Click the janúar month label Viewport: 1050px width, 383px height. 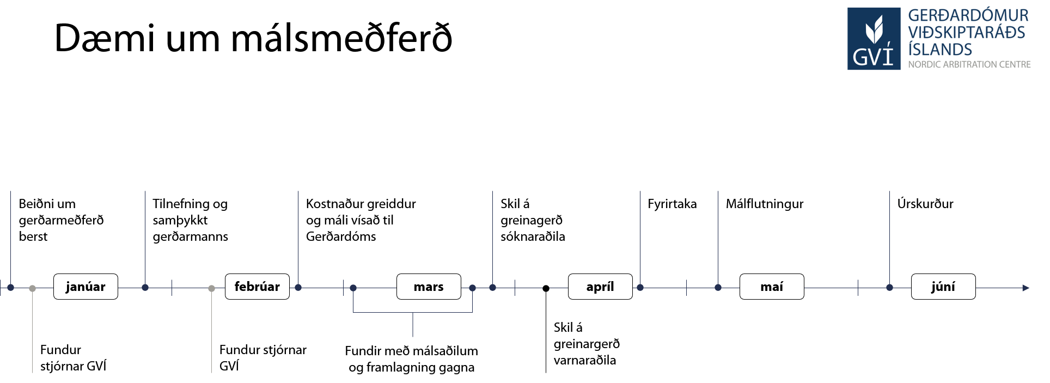(x=86, y=287)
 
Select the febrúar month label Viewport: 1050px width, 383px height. (x=257, y=287)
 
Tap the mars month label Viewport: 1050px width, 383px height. (x=429, y=287)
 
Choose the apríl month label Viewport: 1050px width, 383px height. (x=600, y=287)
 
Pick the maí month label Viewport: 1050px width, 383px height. (x=772, y=287)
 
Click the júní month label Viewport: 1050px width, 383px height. (x=943, y=287)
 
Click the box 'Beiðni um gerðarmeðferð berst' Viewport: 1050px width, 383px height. (x=64, y=220)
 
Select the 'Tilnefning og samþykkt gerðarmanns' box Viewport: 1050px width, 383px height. (x=198, y=220)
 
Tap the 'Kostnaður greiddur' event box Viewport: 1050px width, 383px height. (x=367, y=220)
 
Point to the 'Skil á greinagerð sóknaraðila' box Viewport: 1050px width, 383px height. (x=546, y=220)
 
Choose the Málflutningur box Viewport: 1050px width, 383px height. (x=771, y=204)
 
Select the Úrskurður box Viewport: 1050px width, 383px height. (x=954, y=204)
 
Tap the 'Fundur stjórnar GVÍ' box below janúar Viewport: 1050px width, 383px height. (x=80, y=357)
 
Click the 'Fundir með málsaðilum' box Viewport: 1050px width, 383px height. (x=412, y=358)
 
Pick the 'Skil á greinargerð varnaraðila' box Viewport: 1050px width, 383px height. (x=596, y=344)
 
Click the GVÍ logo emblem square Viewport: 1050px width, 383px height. (x=874, y=39)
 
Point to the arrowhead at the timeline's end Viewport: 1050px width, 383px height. (x=1026, y=288)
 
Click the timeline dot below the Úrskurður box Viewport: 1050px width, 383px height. (x=889, y=288)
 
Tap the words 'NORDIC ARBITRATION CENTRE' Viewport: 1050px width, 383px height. (x=969, y=64)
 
